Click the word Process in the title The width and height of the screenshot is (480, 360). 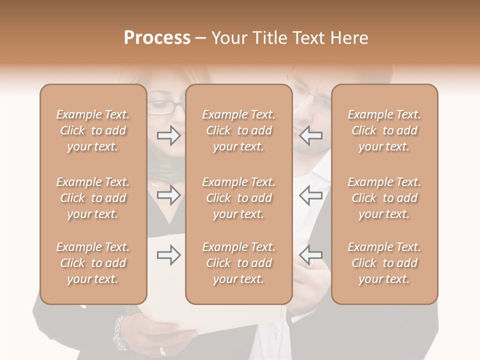(x=157, y=38)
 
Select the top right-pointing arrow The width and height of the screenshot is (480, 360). (x=169, y=135)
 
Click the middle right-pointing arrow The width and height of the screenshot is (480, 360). (x=169, y=195)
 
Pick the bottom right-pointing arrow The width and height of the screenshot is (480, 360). (x=169, y=255)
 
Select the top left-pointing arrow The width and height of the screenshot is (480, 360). (x=310, y=135)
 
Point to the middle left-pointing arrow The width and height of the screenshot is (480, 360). (x=310, y=195)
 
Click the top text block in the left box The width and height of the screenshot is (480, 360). (x=93, y=130)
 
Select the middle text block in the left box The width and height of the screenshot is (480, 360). (x=93, y=198)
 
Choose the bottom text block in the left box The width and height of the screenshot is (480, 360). (x=93, y=263)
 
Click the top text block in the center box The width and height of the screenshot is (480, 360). (x=238, y=130)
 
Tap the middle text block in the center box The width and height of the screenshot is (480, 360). (x=238, y=198)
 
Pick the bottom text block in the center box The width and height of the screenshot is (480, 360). (x=238, y=263)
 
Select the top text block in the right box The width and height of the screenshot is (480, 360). (x=384, y=130)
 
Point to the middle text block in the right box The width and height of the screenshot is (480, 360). (x=384, y=198)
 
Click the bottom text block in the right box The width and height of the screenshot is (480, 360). (x=384, y=263)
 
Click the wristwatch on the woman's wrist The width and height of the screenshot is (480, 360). (x=120, y=333)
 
